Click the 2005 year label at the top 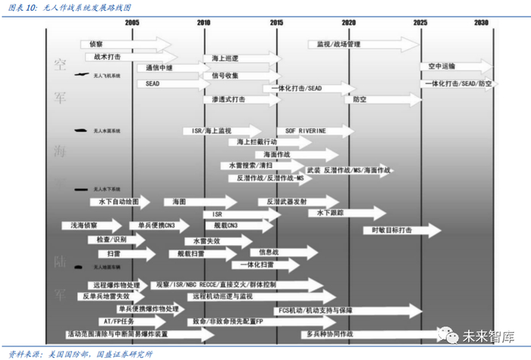point(131,23)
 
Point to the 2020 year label point(348,23)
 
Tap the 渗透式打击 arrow point(235,99)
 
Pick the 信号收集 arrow point(235,76)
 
